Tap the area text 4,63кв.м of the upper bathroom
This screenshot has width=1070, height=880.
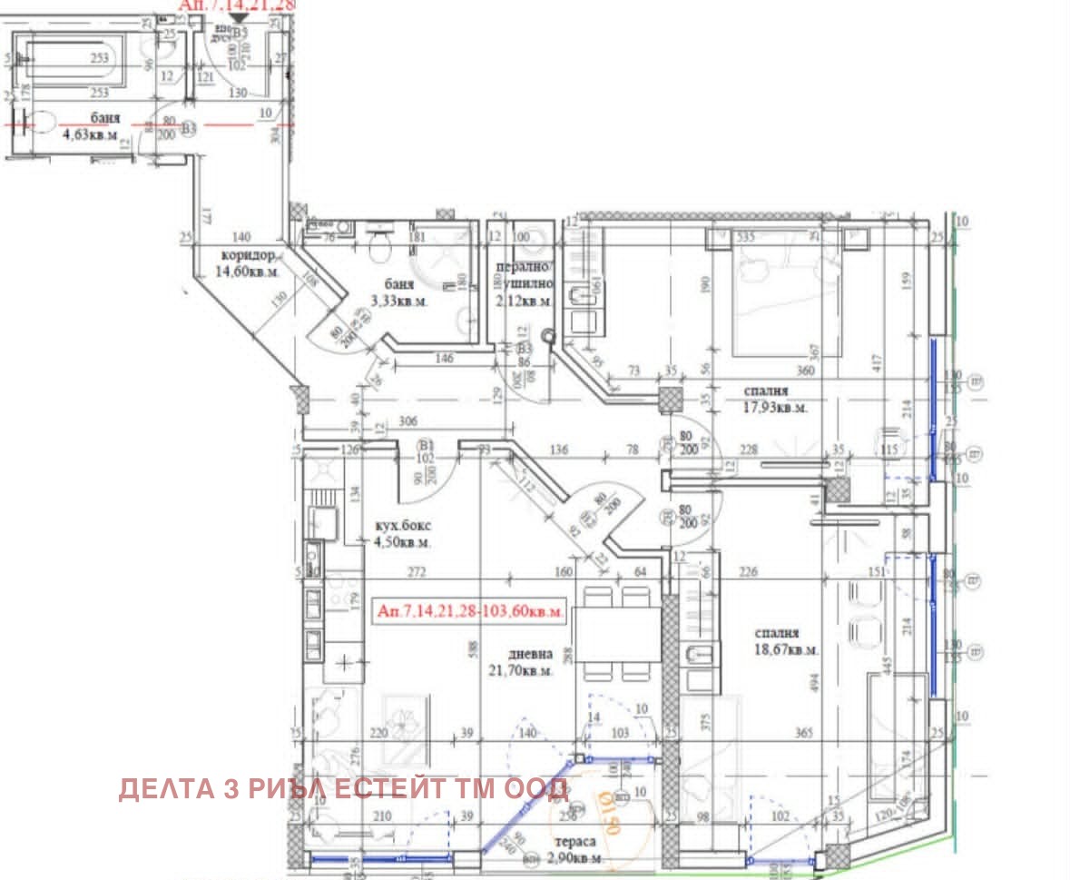tap(90, 135)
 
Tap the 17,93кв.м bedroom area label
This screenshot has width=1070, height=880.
tap(774, 408)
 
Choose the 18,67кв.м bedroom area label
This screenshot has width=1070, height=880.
tap(786, 649)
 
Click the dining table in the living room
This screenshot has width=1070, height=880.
tap(618, 633)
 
